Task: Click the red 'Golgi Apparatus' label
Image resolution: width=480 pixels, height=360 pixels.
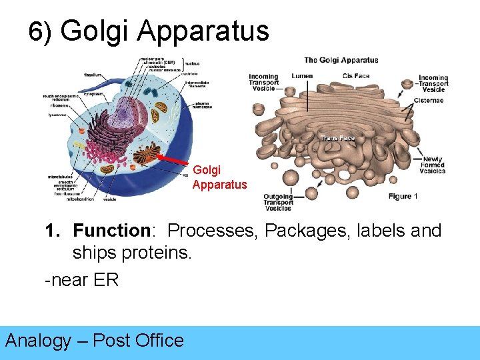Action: (219, 177)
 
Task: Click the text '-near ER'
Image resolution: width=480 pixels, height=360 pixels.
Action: (81, 280)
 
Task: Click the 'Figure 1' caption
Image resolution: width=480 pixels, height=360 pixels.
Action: (403, 196)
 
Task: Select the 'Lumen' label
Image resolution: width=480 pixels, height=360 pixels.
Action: (301, 76)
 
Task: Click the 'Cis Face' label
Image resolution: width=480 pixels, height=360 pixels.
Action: (356, 76)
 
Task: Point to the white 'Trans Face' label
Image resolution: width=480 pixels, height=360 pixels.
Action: (338, 139)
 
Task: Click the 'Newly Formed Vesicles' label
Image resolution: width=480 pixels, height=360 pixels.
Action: (433, 165)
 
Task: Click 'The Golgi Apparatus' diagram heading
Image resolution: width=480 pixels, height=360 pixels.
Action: (341, 60)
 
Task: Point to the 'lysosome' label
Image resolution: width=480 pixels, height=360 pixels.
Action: (52, 114)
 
